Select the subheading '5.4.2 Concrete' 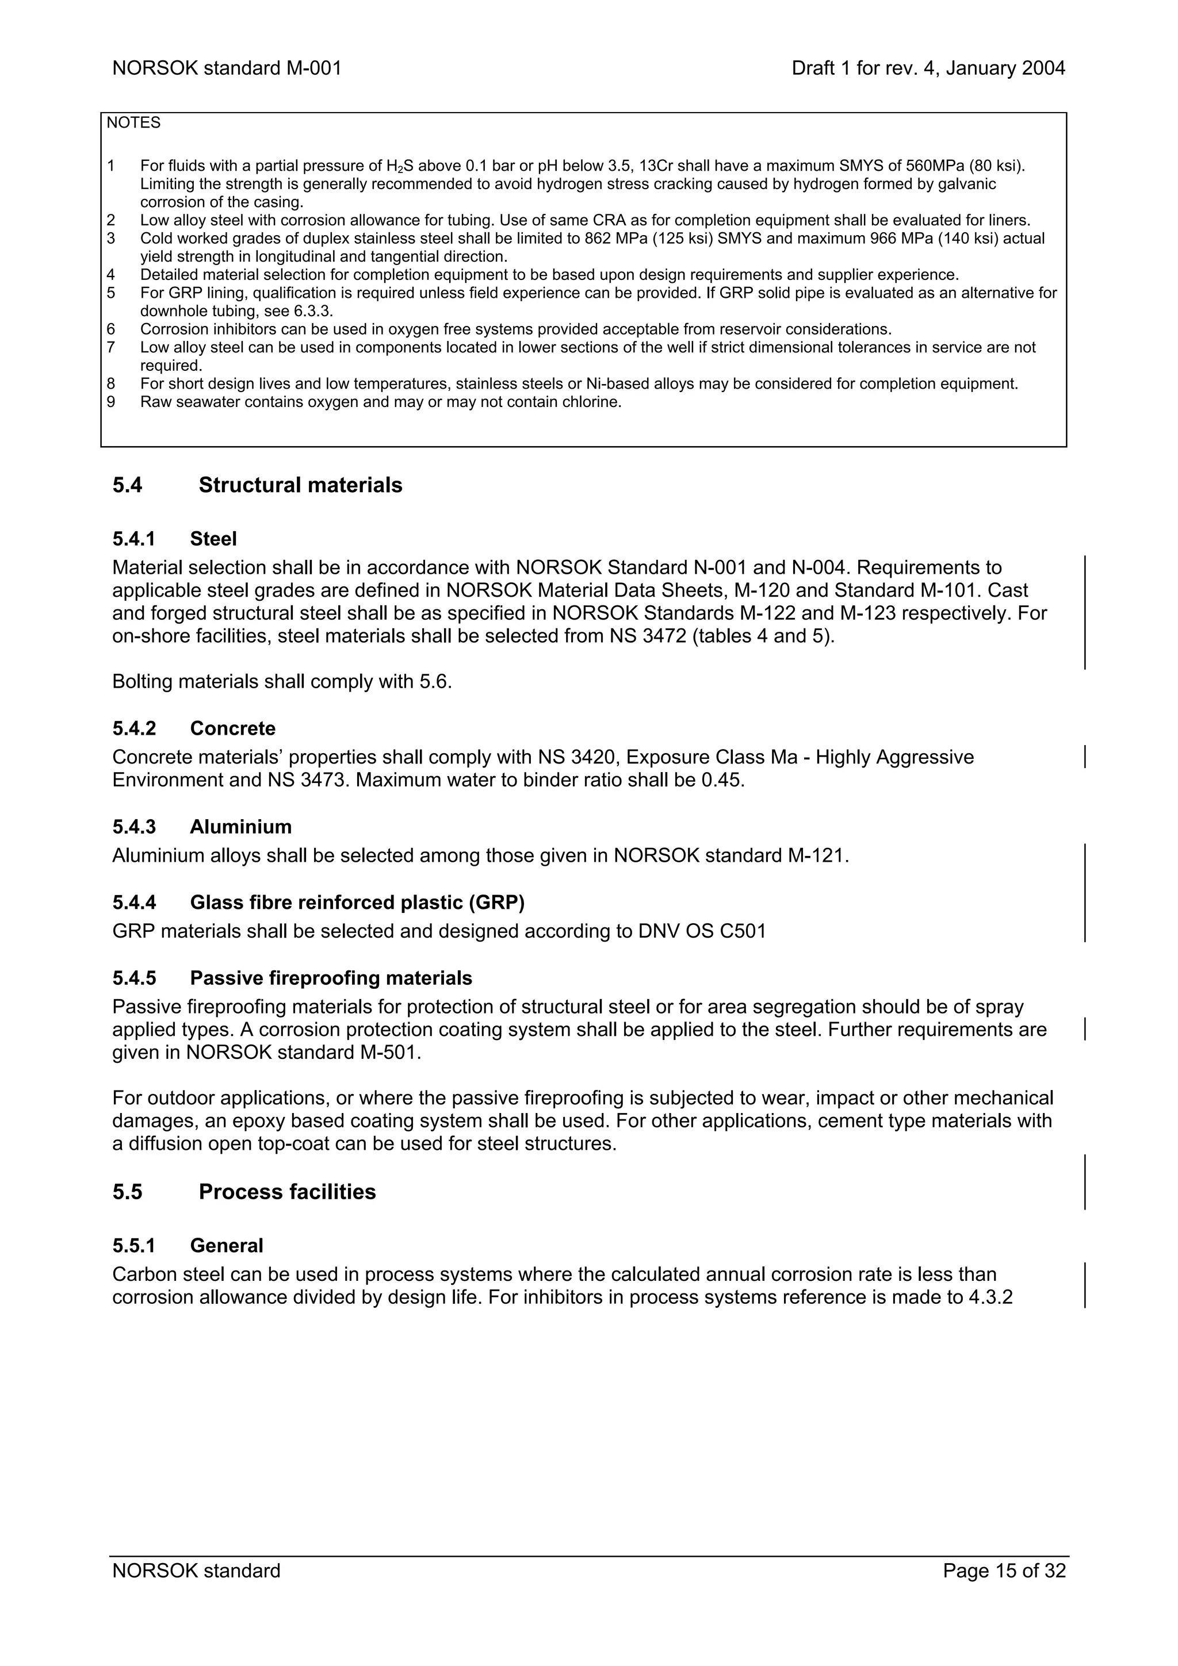(x=194, y=728)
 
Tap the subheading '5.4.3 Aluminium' (x=202, y=827)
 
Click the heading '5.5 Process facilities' (x=244, y=1192)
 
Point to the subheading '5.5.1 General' (x=188, y=1245)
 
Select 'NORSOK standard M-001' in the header (x=227, y=68)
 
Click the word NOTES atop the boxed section (x=133, y=122)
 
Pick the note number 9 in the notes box (x=111, y=402)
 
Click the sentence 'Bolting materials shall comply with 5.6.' (x=282, y=681)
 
